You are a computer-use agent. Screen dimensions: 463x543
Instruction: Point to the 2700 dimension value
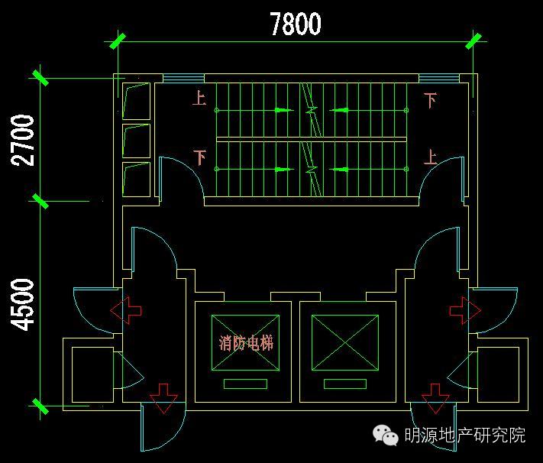[x=24, y=140]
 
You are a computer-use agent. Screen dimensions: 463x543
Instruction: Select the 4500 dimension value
[x=24, y=304]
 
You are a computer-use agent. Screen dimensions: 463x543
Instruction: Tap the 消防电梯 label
[x=245, y=343]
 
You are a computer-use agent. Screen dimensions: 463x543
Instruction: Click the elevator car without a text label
[x=344, y=342]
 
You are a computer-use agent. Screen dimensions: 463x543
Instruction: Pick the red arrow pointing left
[x=126, y=309]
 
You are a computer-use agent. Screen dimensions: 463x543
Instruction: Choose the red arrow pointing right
[x=465, y=309]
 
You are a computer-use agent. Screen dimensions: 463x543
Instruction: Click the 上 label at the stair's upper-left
[x=199, y=99]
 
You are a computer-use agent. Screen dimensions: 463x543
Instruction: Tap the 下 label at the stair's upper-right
[x=431, y=99]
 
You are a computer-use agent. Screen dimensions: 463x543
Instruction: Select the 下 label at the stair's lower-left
[x=199, y=157]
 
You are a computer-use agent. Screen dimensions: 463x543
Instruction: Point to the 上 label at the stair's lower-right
[x=431, y=157]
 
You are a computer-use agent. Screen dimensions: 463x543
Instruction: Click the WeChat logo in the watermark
[x=385, y=435]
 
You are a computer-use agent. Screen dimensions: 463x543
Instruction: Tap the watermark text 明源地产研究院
[x=464, y=435]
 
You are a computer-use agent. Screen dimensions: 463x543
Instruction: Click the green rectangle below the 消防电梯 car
[x=245, y=384]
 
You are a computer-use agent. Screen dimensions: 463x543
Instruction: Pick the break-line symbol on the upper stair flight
[x=311, y=107]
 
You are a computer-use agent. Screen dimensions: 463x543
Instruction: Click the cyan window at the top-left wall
[x=183, y=78]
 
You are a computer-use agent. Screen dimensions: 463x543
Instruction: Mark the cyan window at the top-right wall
[x=438, y=78]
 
